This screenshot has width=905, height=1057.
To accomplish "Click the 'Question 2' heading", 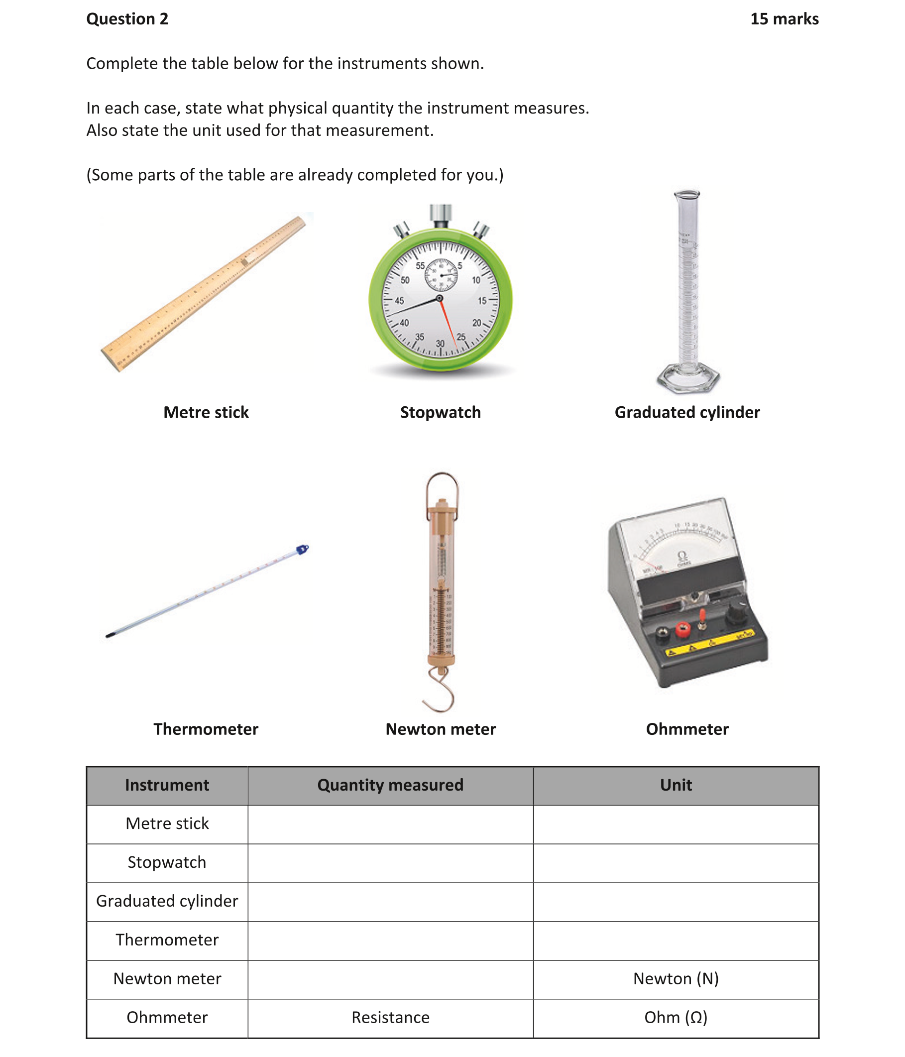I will (x=127, y=19).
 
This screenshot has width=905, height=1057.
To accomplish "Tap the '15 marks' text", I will (x=784, y=19).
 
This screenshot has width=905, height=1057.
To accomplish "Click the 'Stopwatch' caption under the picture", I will (x=440, y=412).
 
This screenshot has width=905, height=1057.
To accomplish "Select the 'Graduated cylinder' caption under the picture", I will (x=686, y=412).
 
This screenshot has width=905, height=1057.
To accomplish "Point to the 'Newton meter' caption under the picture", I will (x=440, y=729).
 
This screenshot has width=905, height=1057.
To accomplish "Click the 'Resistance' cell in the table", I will (x=390, y=1017).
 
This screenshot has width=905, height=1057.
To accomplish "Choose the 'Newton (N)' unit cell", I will (x=676, y=978).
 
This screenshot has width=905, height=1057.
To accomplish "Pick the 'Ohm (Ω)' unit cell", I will (x=676, y=1017).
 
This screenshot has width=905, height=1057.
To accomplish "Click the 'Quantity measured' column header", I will (x=390, y=785).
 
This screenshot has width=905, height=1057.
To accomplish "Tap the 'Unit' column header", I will (x=676, y=785).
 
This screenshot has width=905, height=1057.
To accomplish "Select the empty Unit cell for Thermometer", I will (x=676, y=940).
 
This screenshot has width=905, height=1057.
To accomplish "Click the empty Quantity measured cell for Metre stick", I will (x=390, y=823).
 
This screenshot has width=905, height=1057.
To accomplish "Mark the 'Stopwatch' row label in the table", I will (x=167, y=862).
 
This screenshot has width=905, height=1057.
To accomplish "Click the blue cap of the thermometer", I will (x=303, y=550).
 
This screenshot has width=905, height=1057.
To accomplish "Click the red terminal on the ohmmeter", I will (x=682, y=629).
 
